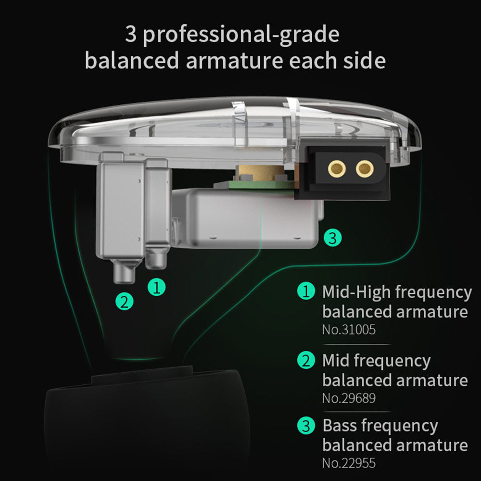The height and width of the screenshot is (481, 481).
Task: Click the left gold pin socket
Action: pyautogui.click(x=337, y=168)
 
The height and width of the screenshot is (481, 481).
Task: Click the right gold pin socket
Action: pyautogui.click(x=365, y=168)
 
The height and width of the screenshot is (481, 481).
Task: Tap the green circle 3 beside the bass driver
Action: pyautogui.click(x=332, y=237)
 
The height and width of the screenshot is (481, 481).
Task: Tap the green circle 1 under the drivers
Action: pyautogui.click(x=156, y=287)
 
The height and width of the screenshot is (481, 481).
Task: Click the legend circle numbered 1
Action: pyautogui.click(x=306, y=291)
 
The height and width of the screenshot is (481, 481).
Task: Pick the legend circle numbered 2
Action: pyautogui.click(x=306, y=360)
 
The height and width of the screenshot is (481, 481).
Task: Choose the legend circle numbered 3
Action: pyautogui.click(x=306, y=426)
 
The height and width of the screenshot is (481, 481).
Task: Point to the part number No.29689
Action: pyautogui.click(x=349, y=398)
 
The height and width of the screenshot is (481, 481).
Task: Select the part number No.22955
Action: pyautogui.click(x=349, y=464)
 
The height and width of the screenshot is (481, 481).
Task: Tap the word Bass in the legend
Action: pyautogui.click(x=340, y=426)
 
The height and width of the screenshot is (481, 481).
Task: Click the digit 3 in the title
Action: pyautogui.click(x=131, y=35)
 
